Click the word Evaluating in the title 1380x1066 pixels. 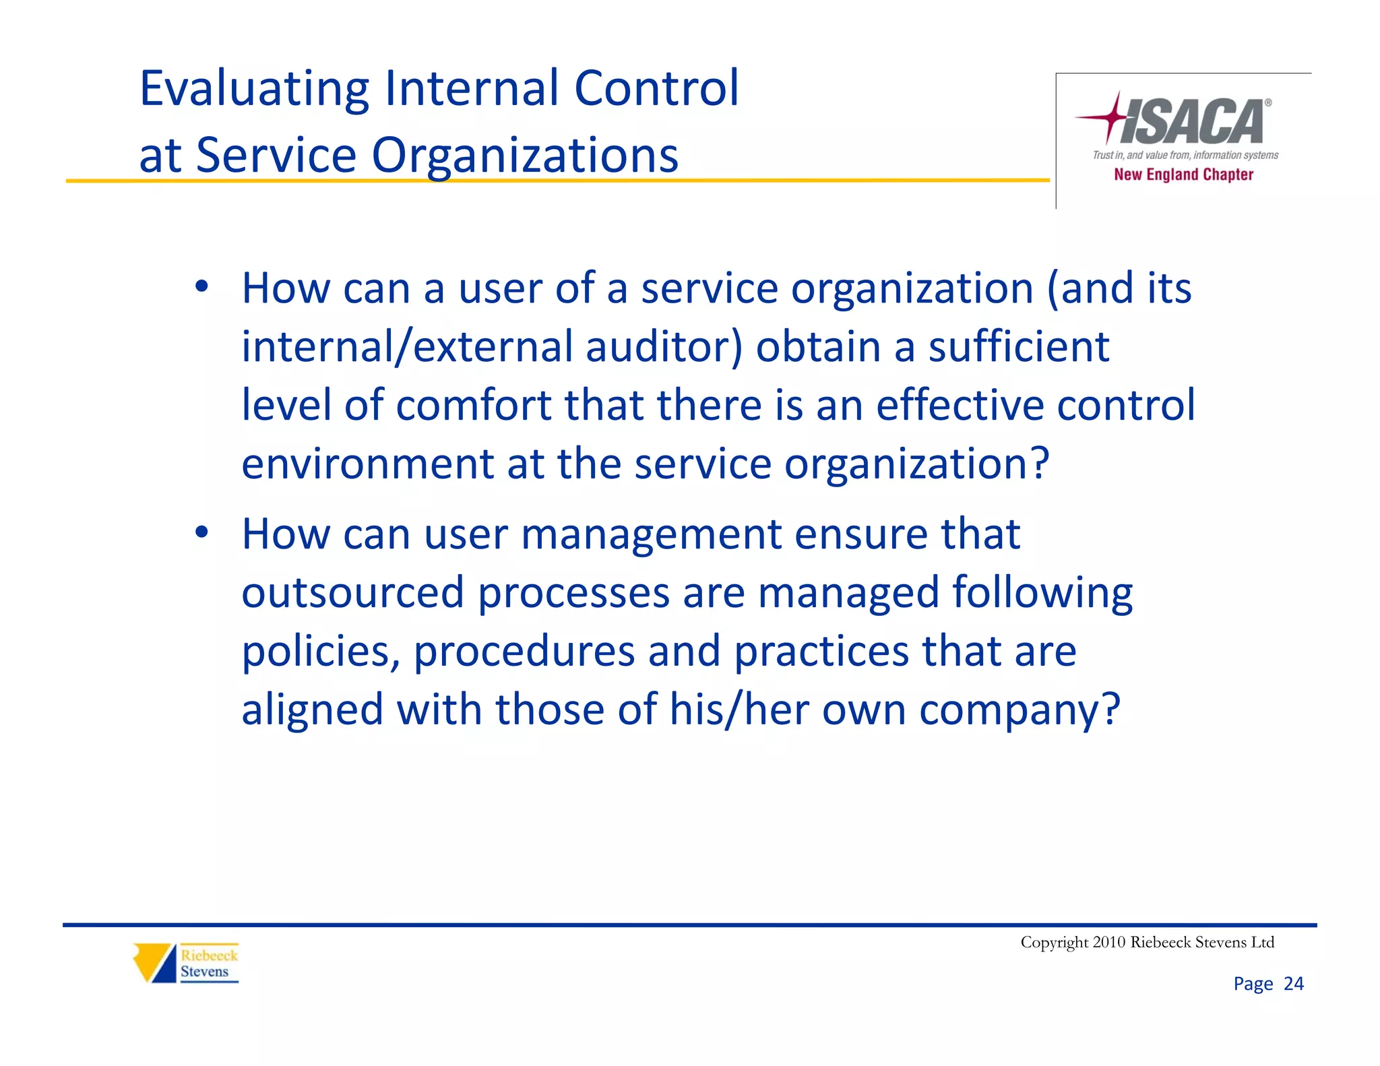point(254,89)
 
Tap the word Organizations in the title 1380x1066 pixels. point(524,156)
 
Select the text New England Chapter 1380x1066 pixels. point(1183,175)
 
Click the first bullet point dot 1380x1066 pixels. point(201,287)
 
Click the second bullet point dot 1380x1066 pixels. point(201,533)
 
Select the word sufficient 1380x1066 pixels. point(1018,347)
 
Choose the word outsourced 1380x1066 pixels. point(353,593)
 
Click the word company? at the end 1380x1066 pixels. point(1020,711)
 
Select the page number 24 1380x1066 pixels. point(1293,984)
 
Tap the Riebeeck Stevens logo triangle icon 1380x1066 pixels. point(154,962)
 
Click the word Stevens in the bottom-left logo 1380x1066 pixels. point(204,972)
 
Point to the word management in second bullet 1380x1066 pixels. point(651,534)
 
